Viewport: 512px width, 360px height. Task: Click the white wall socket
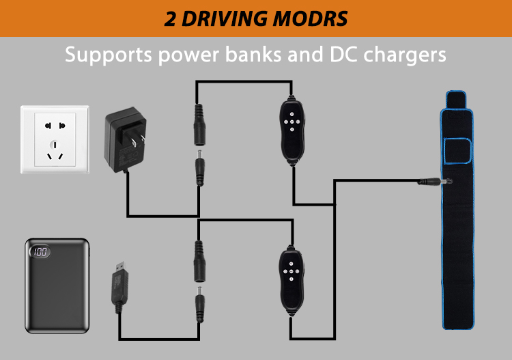pos(55,139)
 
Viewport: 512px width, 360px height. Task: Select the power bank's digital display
pos(40,252)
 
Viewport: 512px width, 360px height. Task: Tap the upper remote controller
pos(291,128)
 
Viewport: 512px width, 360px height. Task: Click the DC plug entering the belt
pos(434,181)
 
